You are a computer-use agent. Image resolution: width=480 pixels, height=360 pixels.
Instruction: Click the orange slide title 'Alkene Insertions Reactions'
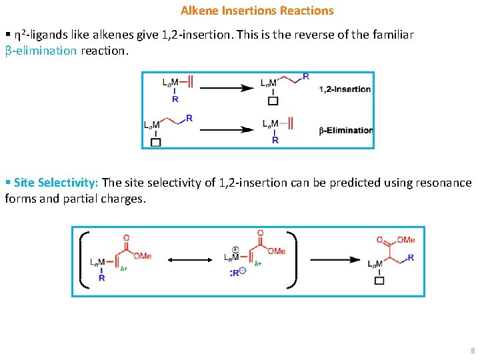point(257,11)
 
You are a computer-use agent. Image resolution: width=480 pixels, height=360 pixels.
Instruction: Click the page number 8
point(473,351)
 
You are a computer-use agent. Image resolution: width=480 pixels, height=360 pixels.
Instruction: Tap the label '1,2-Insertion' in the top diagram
point(345,89)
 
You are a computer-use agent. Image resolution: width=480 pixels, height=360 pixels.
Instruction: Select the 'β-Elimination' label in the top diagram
point(346,131)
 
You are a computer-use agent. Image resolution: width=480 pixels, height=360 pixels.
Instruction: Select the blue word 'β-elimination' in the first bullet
point(41,51)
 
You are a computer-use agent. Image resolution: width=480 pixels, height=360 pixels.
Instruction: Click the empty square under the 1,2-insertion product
point(273,101)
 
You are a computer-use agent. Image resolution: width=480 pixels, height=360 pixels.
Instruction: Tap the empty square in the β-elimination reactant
point(156,142)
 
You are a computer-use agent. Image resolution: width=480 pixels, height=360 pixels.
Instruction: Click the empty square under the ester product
point(379,281)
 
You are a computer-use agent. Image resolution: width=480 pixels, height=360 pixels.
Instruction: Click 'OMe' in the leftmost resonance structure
point(141,255)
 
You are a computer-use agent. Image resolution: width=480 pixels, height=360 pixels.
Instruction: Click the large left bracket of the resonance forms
point(83,260)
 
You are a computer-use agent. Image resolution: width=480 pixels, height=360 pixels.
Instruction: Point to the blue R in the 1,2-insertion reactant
point(175,99)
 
